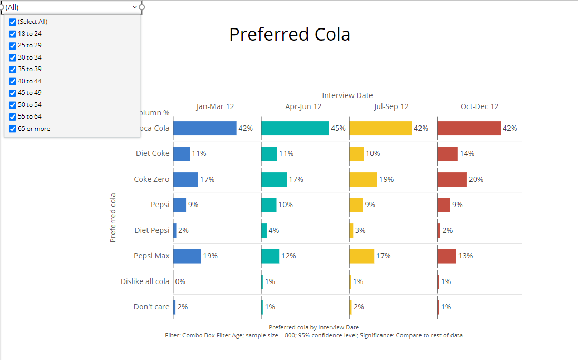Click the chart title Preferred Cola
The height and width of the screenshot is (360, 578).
coord(289,35)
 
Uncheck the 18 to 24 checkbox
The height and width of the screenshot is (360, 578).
coord(13,34)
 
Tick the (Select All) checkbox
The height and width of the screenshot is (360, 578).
coord(13,22)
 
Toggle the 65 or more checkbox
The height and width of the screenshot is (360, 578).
coord(13,129)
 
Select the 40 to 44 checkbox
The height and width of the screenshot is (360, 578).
coord(13,81)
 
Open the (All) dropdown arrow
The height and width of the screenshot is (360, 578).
coord(135,7)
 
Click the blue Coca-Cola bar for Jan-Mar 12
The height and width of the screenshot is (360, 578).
coord(204,128)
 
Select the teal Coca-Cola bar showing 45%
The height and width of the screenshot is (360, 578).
coord(295,128)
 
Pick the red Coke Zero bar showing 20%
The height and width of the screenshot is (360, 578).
coord(452,179)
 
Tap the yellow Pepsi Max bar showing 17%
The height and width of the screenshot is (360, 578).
coord(361,256)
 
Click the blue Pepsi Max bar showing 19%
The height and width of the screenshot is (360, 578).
coord(187,256)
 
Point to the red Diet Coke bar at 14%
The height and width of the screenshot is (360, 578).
coord(447,154)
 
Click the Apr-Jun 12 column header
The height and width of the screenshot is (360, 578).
coord(303,106)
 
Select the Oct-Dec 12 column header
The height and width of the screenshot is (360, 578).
coord(479,106)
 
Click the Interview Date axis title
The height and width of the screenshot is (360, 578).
coord(347,95)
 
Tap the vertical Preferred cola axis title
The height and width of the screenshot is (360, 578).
coord(113,218)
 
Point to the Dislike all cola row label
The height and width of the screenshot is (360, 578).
coord(145,281)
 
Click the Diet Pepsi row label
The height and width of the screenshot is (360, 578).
coord(152,230)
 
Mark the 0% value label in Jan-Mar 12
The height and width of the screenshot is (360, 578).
coord(180,281)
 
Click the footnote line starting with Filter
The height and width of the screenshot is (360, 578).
coord(314,335)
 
